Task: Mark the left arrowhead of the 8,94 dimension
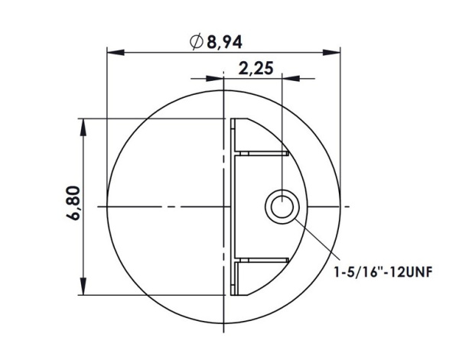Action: (112, 54)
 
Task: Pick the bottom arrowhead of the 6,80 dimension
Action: (83, 290)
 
